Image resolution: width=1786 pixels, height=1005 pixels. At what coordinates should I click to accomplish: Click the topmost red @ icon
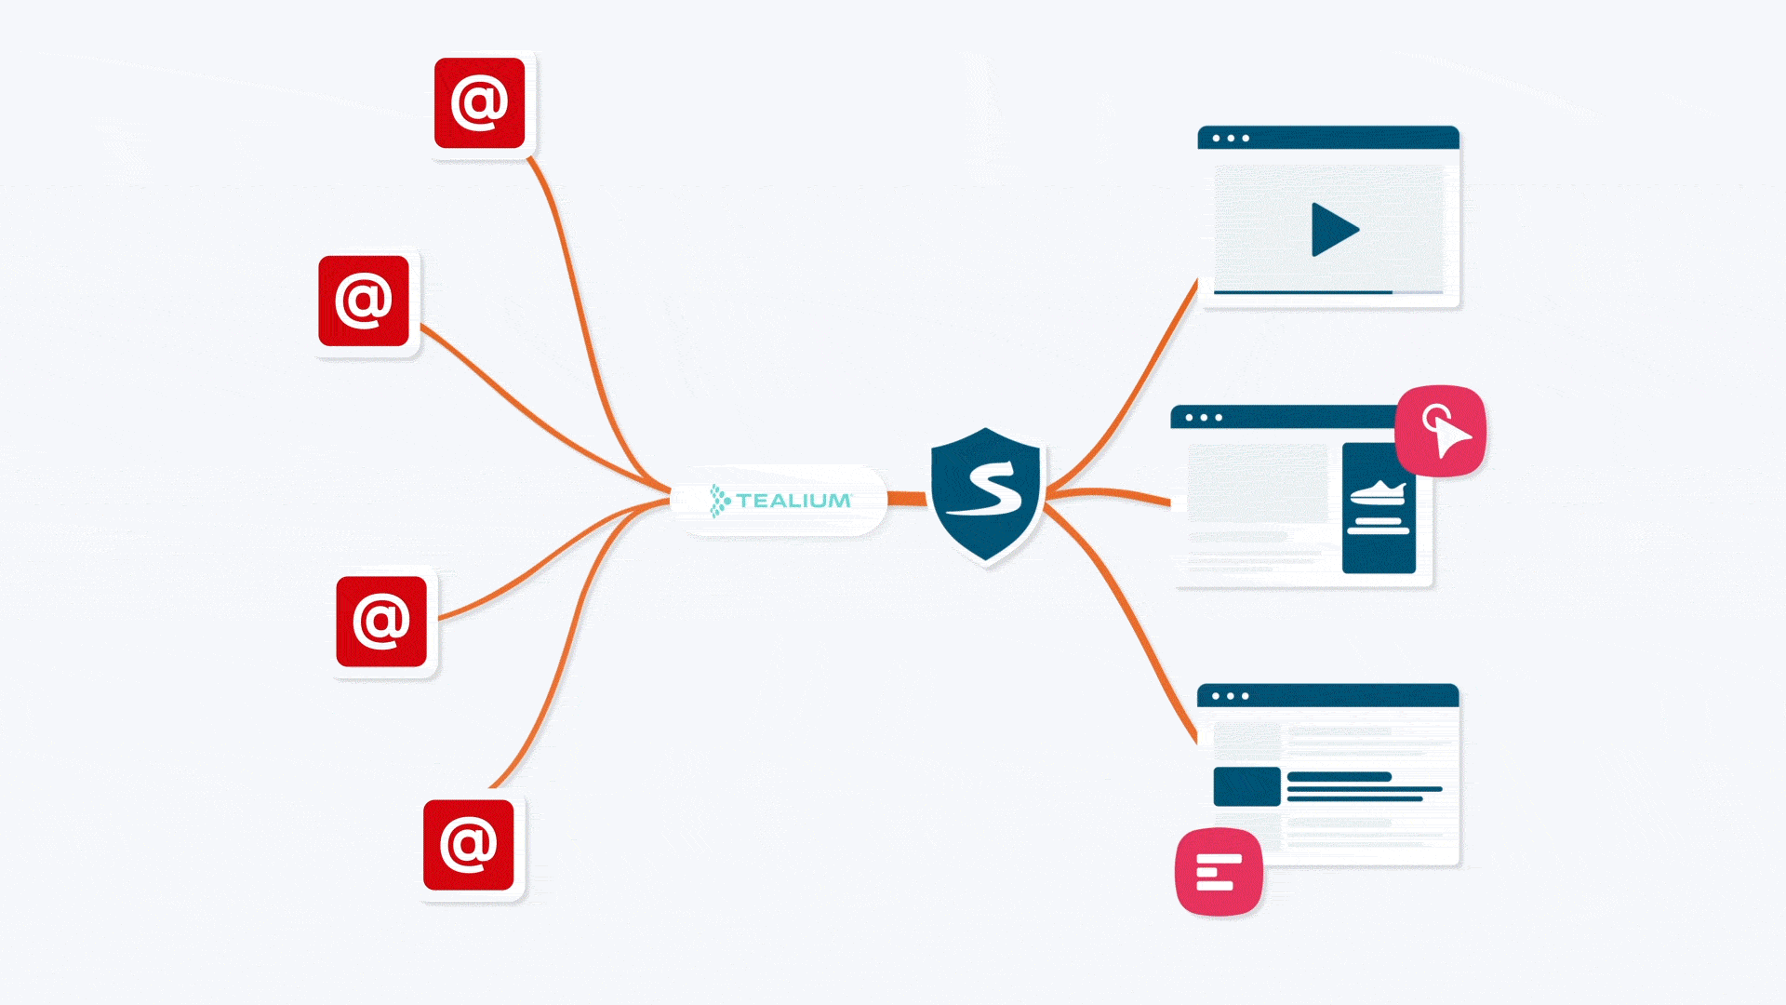coord(480,103)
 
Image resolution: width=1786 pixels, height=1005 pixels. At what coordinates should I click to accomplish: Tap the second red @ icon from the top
coord(364,301)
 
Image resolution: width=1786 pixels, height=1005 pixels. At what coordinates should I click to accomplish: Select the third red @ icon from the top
coord(381,621)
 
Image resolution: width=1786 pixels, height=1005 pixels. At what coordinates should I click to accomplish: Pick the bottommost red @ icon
coord(468,844)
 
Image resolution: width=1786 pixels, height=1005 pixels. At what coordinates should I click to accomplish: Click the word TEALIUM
coord(793,501)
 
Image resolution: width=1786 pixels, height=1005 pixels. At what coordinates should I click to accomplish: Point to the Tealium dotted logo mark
coord(719,501)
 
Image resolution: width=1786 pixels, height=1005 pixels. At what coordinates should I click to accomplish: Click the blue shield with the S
coord(985,493)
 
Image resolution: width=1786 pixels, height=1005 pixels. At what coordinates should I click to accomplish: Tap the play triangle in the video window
coord(1333,230)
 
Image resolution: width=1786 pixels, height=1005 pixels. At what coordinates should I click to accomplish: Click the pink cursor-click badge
coord(1440,431)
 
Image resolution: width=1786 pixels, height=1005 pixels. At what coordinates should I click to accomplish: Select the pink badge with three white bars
coord(1219,872)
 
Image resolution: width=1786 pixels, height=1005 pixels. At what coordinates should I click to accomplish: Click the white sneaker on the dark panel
coord(1378,492)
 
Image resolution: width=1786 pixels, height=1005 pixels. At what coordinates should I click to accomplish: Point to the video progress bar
coord(1302,292)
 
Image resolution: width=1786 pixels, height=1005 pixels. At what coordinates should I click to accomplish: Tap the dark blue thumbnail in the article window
coord(1246,786)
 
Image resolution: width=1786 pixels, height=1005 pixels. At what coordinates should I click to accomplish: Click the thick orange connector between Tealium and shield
coord(907,499)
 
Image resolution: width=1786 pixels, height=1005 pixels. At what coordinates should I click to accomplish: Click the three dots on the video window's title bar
coord(1231,139)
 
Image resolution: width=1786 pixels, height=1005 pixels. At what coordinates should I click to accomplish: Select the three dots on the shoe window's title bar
coord(1204,418)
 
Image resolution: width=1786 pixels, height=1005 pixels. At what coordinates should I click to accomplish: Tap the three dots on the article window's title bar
coord(1230,696)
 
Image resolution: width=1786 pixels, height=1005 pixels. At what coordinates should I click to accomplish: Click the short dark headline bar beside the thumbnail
coord(1339,776)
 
